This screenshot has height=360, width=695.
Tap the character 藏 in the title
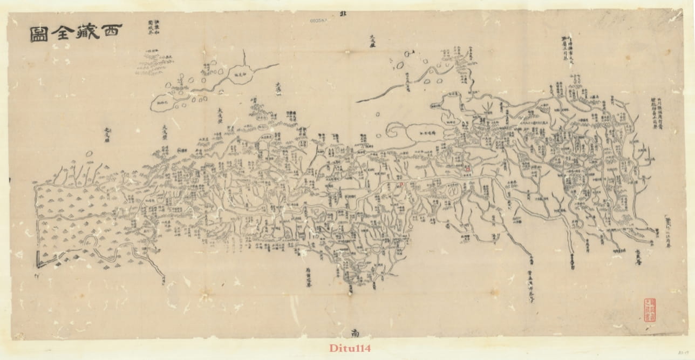84,33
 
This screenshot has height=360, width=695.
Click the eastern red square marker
468,168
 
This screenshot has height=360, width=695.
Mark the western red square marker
401,184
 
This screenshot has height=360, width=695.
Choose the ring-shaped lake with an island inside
452,189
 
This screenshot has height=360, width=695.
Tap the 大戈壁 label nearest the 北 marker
372,40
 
